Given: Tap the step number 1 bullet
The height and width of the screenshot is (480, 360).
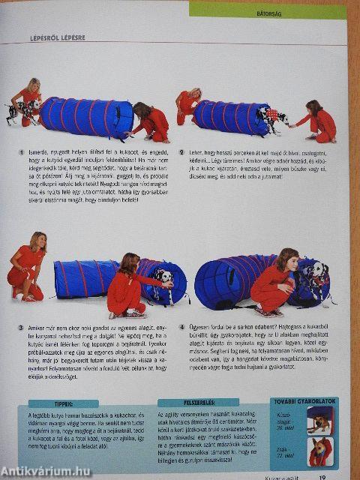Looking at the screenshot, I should [22, 152].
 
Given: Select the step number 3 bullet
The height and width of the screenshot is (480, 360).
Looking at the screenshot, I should [21, 328].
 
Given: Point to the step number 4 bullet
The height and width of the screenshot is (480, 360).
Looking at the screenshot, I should [181, 328].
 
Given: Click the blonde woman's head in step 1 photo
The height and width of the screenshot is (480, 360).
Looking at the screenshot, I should [33, 84].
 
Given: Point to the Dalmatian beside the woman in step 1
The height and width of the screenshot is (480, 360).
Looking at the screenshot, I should [21, 109].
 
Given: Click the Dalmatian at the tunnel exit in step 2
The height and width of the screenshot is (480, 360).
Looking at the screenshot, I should [272, 117].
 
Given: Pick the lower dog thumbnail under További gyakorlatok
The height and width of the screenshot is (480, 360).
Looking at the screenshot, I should [319, 452].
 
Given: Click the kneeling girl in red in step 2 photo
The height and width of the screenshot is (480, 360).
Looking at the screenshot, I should [319, 120].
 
